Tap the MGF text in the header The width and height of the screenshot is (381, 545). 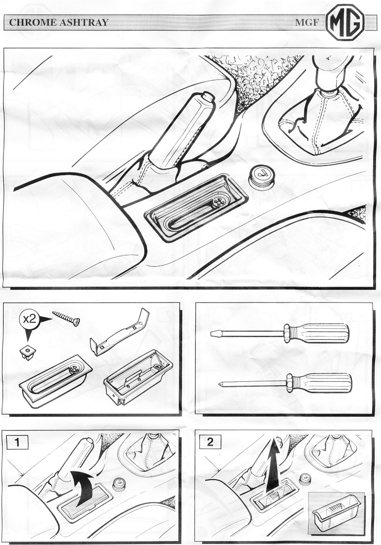click(307, 23)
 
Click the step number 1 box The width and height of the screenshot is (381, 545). click(17, 442)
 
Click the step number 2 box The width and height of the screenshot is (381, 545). click(210, 442)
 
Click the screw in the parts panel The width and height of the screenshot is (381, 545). click(66, 318)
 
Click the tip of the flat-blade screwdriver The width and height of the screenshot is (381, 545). click(211, 334)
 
